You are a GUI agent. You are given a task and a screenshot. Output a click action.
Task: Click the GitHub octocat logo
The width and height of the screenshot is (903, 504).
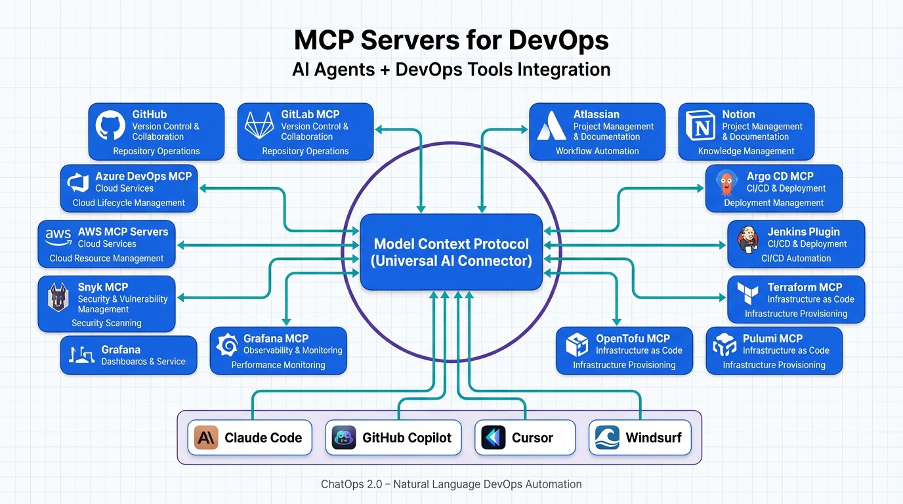(x=110, y=125)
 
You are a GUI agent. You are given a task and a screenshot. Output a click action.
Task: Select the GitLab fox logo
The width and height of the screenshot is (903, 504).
(x=259, y=125)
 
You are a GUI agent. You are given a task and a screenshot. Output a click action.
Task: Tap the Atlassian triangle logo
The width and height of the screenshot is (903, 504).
(x=551, y=125)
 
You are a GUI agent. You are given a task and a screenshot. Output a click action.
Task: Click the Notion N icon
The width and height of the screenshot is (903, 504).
(x=700, y=125)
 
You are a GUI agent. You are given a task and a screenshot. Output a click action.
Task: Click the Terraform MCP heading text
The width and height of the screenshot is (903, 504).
(x=805, y=287)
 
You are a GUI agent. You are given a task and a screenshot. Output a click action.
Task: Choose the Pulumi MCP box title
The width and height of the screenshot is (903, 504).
(x=772, y=339)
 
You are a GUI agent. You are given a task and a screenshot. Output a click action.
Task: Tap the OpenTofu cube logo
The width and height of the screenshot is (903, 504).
(x=576, y=345)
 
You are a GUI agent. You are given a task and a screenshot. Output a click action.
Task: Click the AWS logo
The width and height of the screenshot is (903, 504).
(x=58, y=237)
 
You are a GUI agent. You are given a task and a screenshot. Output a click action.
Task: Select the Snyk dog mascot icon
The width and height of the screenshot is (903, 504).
(x=58, y=297)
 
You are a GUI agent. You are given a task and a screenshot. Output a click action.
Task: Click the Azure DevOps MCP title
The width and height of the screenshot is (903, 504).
(x=143, y=177)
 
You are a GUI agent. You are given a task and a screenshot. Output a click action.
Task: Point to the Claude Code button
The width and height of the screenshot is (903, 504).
(x=253, y=438)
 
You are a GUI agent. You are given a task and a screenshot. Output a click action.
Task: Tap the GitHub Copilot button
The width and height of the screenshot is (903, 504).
(x=393, y=438)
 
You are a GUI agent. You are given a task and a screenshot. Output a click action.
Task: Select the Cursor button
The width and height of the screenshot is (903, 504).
(x=525, y=438)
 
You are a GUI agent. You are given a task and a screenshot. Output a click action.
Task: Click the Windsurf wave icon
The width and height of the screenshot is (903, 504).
(x=607, y=438)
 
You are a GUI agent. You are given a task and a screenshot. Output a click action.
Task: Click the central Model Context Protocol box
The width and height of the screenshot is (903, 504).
(x=451, y=252)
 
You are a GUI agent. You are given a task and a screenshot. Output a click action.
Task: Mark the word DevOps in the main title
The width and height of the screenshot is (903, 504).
(x=558, y=41)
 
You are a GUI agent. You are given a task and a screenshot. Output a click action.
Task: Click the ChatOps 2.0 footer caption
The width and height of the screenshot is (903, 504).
(x=451, y=484)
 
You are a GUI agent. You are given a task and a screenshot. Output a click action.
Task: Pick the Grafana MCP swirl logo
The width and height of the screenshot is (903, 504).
(x=227, y=345)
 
